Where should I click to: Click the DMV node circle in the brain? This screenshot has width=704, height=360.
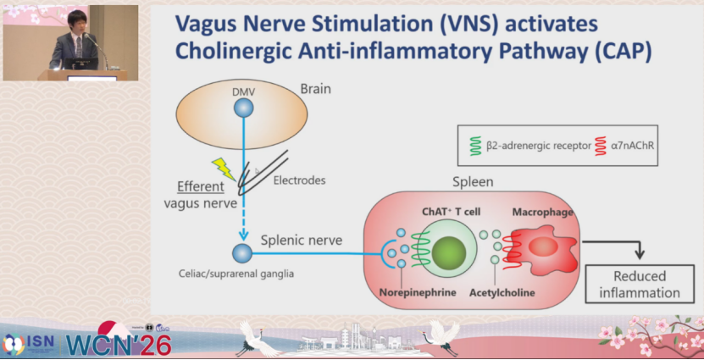tap(243, 108)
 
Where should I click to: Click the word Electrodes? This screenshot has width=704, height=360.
tap(299, 180)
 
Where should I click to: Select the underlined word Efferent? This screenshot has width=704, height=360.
tap(201, 187)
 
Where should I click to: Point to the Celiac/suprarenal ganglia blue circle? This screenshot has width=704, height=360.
tap(242, 252)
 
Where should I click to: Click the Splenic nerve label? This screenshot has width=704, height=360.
tap(302, 240)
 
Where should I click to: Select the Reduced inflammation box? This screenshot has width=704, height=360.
tap(640, 285)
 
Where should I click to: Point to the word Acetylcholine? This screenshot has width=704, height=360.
tap(502, 292)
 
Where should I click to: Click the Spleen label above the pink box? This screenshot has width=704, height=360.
tap(472, 181)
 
